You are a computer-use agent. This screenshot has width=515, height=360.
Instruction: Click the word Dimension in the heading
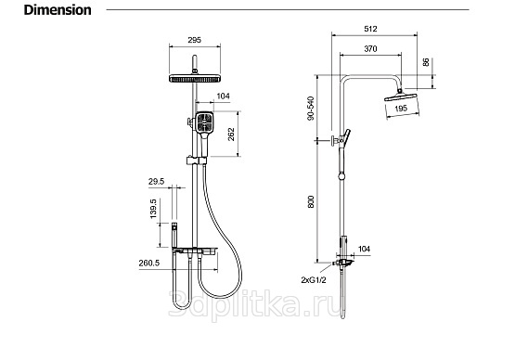[58, 10]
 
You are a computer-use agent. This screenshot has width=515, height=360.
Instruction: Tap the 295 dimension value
[194, 40]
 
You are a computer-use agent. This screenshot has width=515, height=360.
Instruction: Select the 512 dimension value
[370, 29]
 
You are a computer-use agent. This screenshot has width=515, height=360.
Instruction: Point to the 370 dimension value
[370, 49]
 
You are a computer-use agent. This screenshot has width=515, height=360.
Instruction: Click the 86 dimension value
[426, 62]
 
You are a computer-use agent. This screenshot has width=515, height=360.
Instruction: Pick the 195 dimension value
[401, 108]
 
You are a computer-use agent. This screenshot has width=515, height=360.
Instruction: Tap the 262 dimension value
[231, 135]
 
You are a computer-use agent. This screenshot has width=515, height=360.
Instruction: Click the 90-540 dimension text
[311, 109]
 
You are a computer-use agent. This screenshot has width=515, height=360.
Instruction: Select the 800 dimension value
[311, 201]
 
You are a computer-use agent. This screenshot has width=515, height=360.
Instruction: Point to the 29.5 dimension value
[156, 181]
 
